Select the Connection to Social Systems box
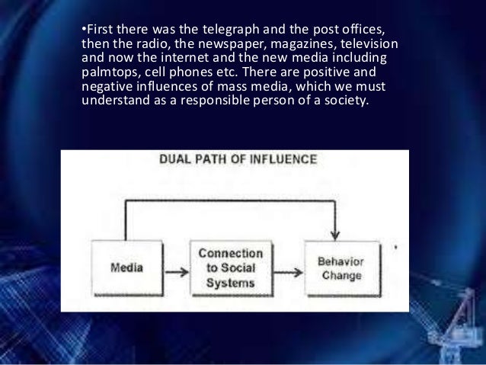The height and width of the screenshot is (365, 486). tap(230, 267)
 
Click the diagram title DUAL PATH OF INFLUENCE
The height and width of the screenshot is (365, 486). tap(237, 160)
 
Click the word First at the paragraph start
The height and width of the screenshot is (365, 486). tap(99, 30)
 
